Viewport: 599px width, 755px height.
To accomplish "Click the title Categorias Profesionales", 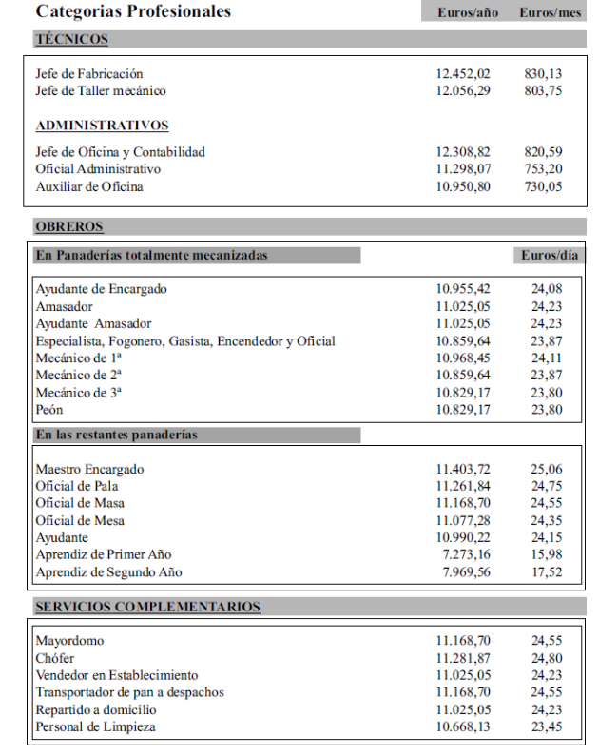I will (133, 12).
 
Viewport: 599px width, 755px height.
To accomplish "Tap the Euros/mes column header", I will (551, 13).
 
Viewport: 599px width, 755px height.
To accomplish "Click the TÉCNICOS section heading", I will (71, 40).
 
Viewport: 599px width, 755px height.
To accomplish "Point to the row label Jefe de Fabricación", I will (89, 73).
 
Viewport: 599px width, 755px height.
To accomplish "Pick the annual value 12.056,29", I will (463, 90).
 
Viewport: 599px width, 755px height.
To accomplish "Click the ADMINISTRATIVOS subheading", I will (102, 126).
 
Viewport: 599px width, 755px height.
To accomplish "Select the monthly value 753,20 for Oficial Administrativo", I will (543, 168).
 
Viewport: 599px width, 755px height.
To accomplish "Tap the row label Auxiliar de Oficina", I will (89, 186).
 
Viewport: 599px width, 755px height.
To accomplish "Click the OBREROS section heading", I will (69, 226).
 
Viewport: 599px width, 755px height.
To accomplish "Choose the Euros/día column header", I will (549, 256).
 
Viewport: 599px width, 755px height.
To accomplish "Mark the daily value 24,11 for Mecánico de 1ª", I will (546, 358).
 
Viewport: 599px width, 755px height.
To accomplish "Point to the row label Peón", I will (49, 410).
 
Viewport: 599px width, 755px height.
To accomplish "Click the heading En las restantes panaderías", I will (116, 436).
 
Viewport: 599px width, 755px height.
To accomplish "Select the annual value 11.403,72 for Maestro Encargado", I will (463, 470).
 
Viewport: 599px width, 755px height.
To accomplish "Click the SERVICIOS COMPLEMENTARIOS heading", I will (147, 607).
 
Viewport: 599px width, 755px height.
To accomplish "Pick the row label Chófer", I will (55, 659).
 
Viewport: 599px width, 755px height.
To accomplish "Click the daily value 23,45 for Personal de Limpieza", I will (546, 727).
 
